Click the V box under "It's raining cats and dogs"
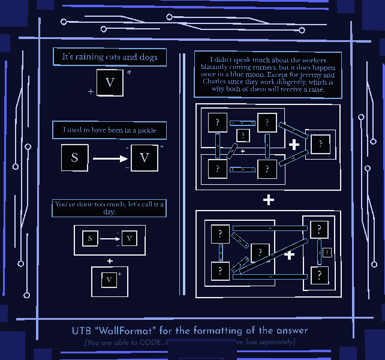point(110,83)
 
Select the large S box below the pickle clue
point(75,158)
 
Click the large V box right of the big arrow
point(144,158)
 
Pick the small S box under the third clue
point(90,239)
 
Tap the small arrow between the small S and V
point(109,239)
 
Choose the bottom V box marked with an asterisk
point(109,280)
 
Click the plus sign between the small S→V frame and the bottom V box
point(110,261)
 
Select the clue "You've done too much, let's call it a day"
point(110,208)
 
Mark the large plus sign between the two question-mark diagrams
point(268,200)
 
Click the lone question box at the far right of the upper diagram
point(320,144)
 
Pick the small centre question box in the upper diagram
point(242,135)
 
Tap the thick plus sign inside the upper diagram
point(294,145)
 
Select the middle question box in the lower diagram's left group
point(260,253)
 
